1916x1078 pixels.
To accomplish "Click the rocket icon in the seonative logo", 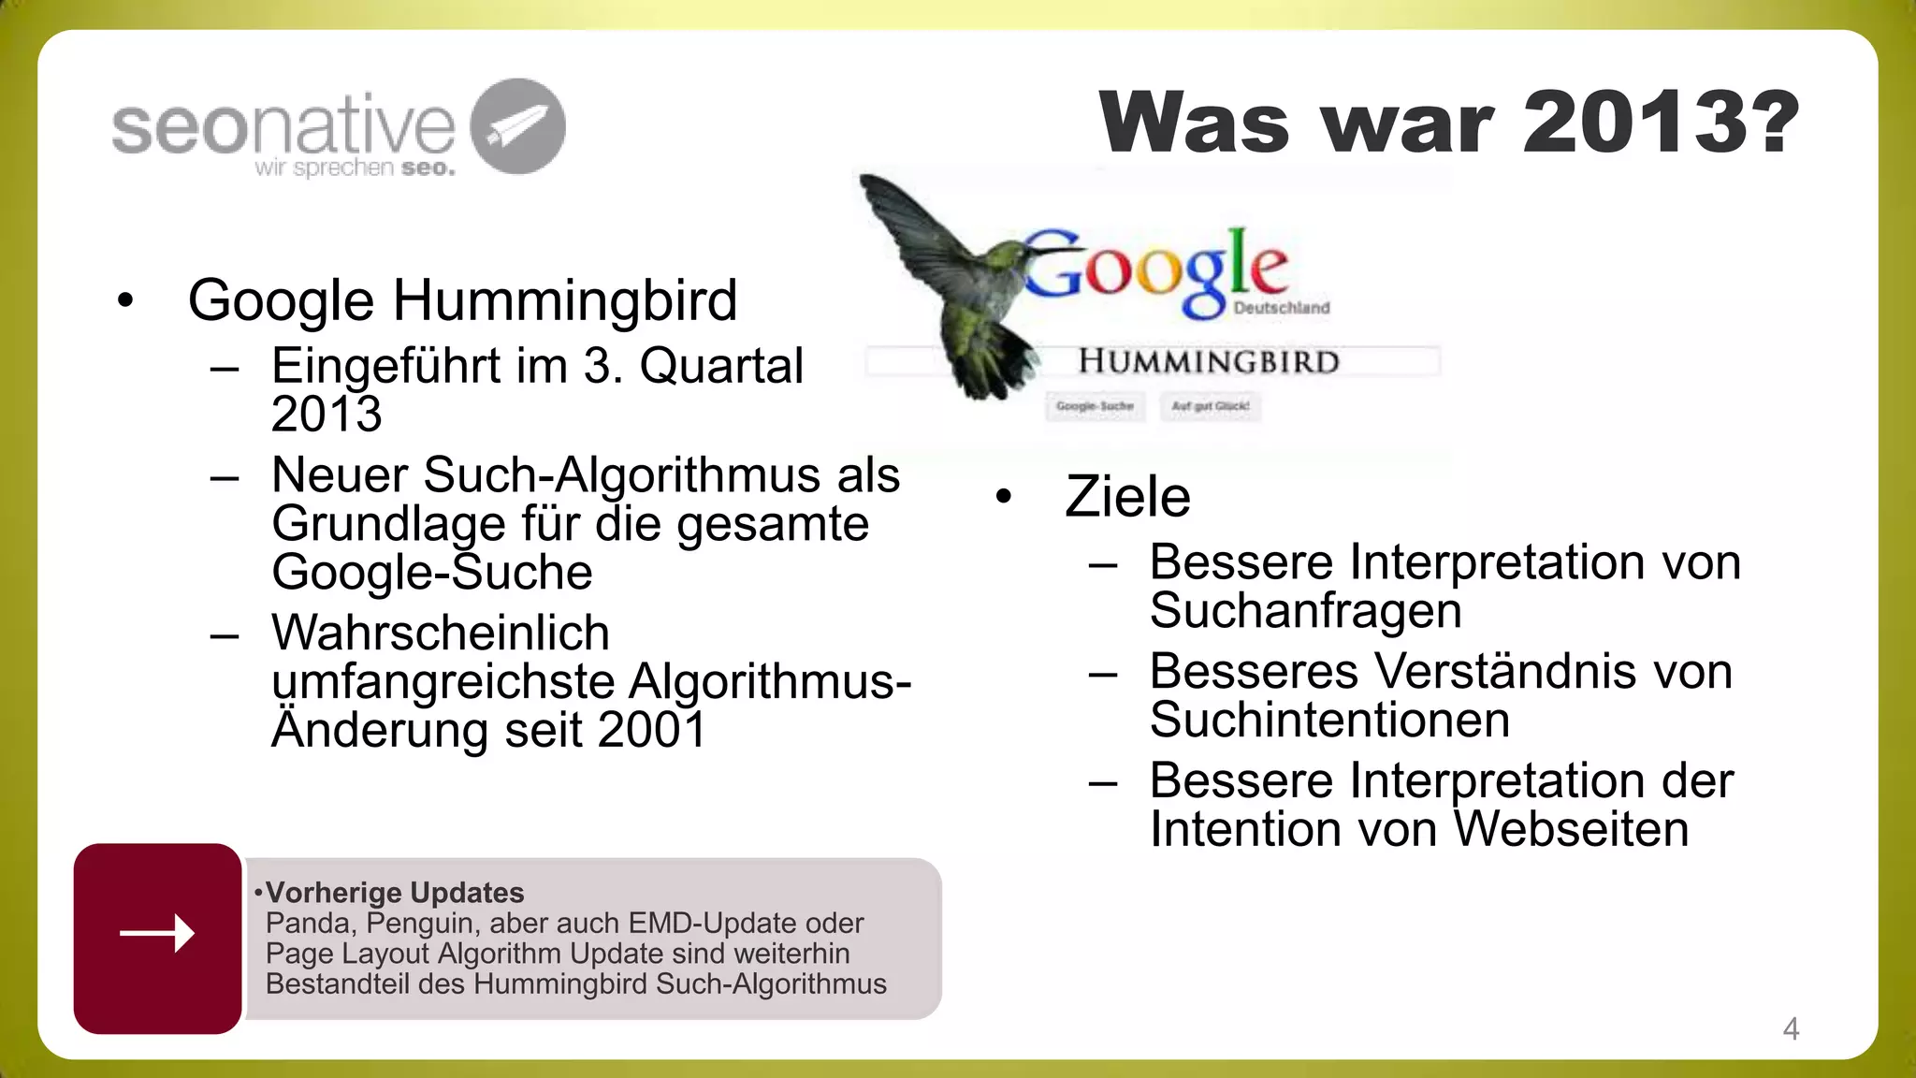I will click(x=517, y=126).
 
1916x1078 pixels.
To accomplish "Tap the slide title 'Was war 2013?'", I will click(x=1449, y=123).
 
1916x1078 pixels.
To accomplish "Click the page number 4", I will click(x=1791, y=1028).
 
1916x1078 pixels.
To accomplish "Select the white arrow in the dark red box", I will click(x=157, y=933).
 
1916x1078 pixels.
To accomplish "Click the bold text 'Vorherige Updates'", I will click(x=395, y=893).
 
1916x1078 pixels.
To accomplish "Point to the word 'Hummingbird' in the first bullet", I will click(x=564, y=300).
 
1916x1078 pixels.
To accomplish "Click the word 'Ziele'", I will click(x=1127, y=496).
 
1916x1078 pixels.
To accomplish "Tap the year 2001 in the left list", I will click(x=651, y=730).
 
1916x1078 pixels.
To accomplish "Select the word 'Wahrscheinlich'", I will click(x=441, y=633).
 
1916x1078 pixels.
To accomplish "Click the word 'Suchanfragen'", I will click(x=1305, y=610).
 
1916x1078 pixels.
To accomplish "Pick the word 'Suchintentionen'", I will click(x=1329, y=720).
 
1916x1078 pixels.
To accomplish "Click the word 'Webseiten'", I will click(x=1572, y=829).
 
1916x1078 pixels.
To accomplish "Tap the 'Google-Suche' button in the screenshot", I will click(x=1095, y=406).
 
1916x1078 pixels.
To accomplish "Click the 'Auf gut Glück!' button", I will click(x=1211, y=406).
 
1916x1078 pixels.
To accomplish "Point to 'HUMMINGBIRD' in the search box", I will click(x=1209, y=362).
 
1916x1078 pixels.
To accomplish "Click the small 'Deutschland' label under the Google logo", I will click(x=1282, y=308).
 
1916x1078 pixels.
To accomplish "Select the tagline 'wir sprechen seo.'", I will click(x=355, y=168).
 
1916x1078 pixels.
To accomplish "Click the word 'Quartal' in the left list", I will click(x=721, y=366).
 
